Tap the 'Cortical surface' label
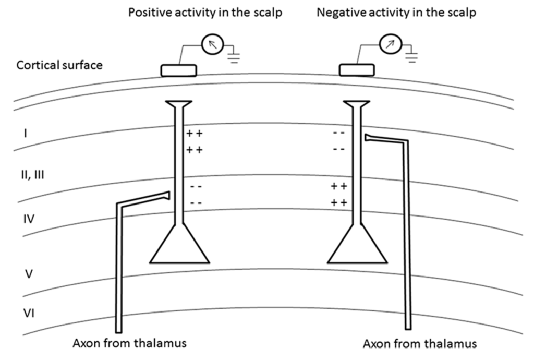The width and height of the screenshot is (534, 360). coord(59,66)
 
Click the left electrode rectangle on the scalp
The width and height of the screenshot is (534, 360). coord(178,70)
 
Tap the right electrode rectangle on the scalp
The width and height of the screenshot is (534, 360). coord(357,69)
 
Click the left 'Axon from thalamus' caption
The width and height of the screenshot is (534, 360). coord(130,343)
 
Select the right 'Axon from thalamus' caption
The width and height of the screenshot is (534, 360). coord(419,344)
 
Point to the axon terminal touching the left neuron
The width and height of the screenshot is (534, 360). coord(166,196)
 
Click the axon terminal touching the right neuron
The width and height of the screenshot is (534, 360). coord(369,138)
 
